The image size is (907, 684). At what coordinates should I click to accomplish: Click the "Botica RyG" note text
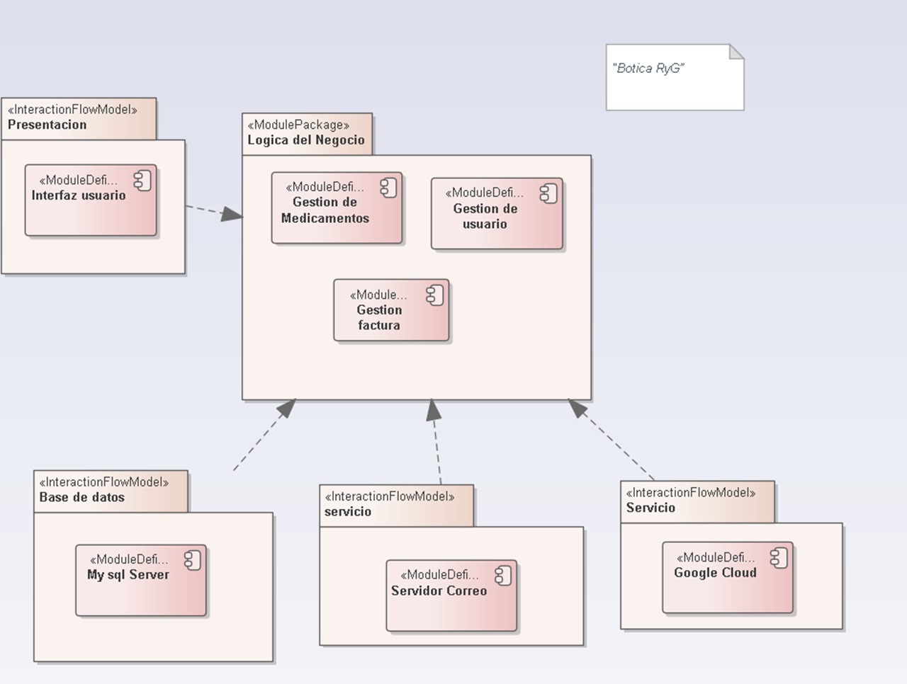(648, 69)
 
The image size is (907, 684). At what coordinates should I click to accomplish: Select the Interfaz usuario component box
(90, 200)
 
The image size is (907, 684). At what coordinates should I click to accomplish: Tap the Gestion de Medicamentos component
(337, 208)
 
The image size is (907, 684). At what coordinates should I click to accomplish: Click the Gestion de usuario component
(496, 214)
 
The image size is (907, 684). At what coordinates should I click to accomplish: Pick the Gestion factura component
(391, 310)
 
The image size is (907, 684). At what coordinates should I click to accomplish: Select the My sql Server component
(140, 580)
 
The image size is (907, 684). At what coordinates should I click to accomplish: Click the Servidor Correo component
(451, 595)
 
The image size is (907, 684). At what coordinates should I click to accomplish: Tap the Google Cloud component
(727, 578)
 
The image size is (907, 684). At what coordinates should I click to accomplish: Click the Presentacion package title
(47, 125)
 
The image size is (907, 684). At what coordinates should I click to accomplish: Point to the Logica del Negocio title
(305, 140)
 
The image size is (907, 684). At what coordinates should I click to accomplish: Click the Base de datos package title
(81, 497)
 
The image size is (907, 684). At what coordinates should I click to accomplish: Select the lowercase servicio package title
(348, 511)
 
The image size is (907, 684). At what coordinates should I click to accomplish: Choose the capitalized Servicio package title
(650, 508)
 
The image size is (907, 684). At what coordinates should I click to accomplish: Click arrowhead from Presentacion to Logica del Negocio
(232, 214)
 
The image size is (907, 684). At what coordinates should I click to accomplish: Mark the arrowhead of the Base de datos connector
(287, 408)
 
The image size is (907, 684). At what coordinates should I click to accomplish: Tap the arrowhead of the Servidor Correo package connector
(434, 410)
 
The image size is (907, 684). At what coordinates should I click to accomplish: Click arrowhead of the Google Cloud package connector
(578, 408)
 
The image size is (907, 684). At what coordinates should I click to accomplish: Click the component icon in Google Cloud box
(779, 558)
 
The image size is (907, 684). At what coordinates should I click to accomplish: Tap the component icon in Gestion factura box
(434, 295)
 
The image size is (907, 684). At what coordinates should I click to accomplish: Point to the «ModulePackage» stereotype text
(298, 125)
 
